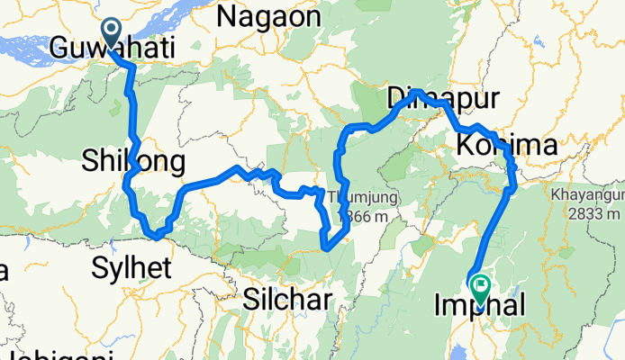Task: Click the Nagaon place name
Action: pos(268,15)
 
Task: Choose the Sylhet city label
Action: pos(131,266)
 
